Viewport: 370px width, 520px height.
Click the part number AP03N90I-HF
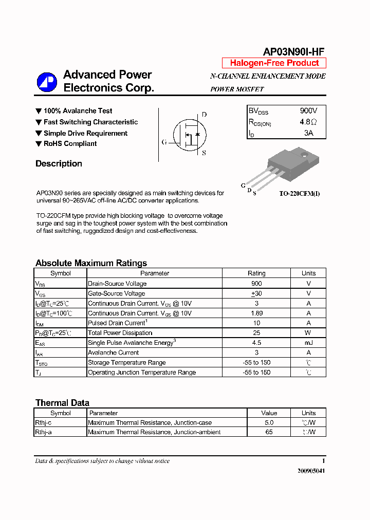click(293, 51)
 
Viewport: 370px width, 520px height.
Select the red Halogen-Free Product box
click(274, 63)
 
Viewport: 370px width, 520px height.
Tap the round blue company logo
click(47, 82)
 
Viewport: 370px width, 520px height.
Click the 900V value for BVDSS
click(308, 111)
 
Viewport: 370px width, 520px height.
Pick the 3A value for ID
click(308, 133)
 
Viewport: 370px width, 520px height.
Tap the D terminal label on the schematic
click(204, 115)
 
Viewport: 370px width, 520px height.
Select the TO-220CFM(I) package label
click(299, 194)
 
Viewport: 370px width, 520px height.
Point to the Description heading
click(59, 164)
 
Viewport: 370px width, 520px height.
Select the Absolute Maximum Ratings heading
click(91, 263)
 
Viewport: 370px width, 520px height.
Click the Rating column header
click(256, 273)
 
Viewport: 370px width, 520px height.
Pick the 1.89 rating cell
click(256, 313)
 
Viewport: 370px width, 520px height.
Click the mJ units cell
click(308, 343)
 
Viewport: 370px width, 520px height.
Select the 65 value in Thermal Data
click(269, 432)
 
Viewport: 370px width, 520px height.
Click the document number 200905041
click(311, 471)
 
